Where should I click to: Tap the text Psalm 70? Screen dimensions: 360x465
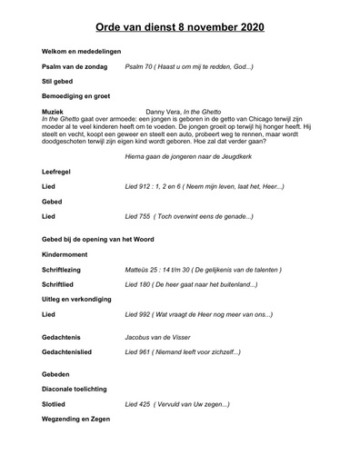click(138, 67)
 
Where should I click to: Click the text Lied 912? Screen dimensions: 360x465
click(139, 186)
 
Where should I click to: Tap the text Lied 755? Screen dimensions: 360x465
click(139, 216)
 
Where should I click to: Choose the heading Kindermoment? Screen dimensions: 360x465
click(65, 255)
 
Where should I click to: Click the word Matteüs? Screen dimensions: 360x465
click(140, 270)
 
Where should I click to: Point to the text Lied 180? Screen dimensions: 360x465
click(139, 284)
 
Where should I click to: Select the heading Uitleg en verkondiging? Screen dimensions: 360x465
click(83, 299)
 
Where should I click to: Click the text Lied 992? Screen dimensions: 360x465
click(139, 313)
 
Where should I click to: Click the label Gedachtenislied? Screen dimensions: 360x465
click(73, 351)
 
